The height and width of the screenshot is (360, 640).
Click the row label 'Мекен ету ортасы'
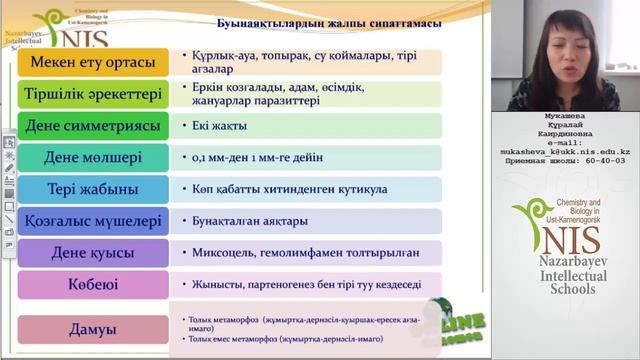click(94, 63)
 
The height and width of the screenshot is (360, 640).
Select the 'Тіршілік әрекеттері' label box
click(94, 95)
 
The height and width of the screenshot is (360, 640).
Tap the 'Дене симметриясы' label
click(94, 126)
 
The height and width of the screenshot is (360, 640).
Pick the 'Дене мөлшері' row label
click(94, 157)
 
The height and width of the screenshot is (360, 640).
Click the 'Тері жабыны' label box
click(94, 189)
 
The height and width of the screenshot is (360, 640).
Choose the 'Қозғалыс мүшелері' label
click(94, 221)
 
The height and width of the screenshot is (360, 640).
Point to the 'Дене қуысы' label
click(94, 253)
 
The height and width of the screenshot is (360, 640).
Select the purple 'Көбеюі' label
click(94, 284)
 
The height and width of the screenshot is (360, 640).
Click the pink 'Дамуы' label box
click(94, 328)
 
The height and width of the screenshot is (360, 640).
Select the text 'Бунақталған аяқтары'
click(250, 221)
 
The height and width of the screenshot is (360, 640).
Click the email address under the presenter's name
click(573, 151)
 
